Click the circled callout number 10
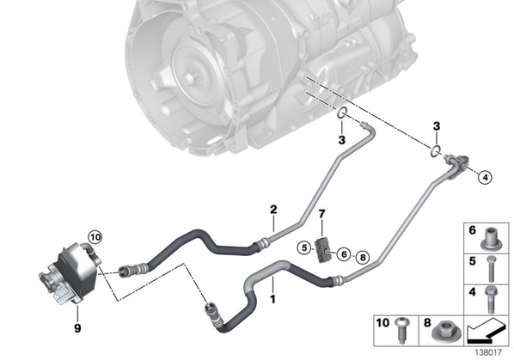pyautogui.click(x=95, y=237)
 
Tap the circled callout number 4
pyautogui.click(x=485, y=177)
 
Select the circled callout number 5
pyautogui.click(x=304, y=248)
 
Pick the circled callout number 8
pyautogui.click(x=363, y=258)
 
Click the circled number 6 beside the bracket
pyautogui.click(x=344, y=253)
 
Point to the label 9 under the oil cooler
pyautogui.click(x=77, y=327)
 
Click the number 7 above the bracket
pyautogui.click(x=322, y=214)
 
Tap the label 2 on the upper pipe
pyautogui.click(x=273, y=210)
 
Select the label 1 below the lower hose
pyautogui.click(x=272, y=299)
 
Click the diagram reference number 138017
pyautogui.click(x=488, y=352)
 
